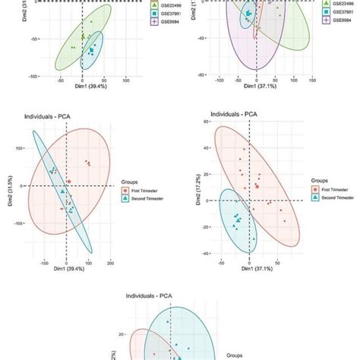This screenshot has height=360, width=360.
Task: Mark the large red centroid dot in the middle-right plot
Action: (257, 185)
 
